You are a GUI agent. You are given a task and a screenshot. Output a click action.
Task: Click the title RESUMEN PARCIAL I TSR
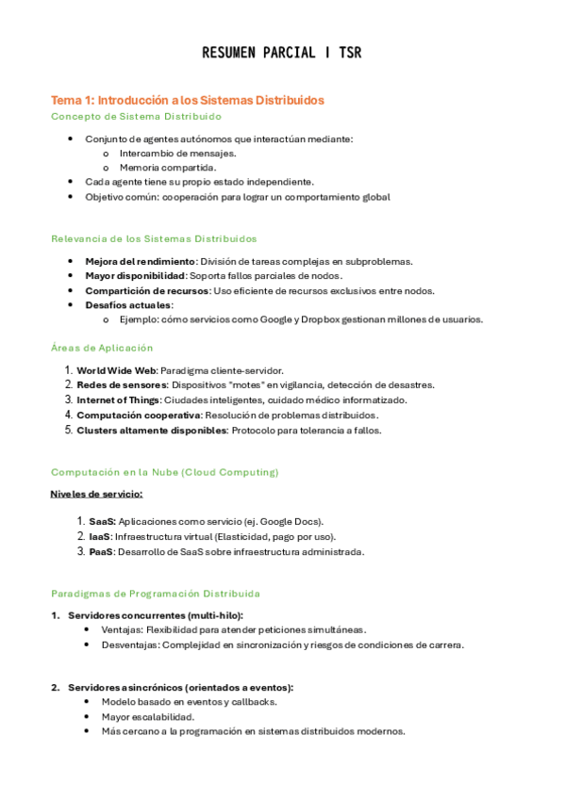(x=281, y=53)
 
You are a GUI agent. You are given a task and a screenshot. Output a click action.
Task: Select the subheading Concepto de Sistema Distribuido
(x=136, y=116)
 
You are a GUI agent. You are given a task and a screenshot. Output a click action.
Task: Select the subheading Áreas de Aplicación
(x=101, y=348)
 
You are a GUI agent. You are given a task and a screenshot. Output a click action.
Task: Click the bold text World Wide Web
(x=116, y=370)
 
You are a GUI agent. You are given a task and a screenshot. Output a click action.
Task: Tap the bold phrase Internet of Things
(x=118, y=399)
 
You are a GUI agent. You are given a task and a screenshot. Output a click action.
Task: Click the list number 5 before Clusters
(x=68, y=430)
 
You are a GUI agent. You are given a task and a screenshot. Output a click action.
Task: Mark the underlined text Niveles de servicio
(x=96, y=493)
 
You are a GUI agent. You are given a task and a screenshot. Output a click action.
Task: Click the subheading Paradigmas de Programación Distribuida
(x=155, y=594)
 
